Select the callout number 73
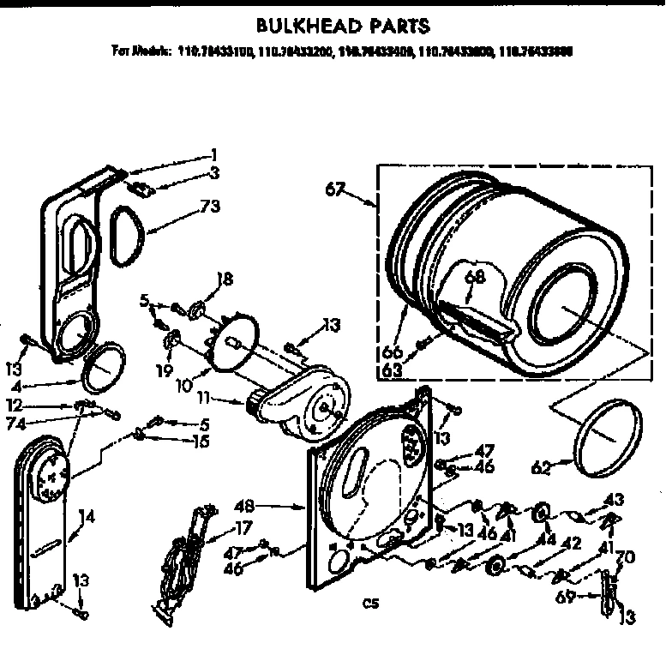pos(210,207)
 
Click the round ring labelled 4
pos(103,367)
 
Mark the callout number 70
pos(626,556)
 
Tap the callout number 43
pos(614,499)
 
